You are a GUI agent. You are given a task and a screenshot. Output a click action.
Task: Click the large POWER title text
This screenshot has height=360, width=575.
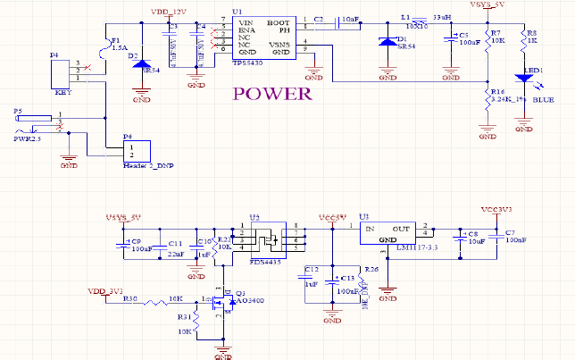(x=272, y=94)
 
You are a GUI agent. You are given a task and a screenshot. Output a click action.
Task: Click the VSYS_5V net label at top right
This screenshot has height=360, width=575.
(x=487, y=5)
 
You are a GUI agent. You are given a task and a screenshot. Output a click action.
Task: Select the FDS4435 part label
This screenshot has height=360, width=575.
(x=267, y=263)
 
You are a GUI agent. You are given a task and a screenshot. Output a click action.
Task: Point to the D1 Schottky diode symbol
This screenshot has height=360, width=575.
(x=387, y=42)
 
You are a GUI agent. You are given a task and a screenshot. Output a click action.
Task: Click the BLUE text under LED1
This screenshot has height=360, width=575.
(x=544, y=101)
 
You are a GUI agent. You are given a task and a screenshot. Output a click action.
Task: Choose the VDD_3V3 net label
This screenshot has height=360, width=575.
(x=104, y=290)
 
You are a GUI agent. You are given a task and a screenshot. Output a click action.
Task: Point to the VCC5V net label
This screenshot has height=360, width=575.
(x=332, y=216)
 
